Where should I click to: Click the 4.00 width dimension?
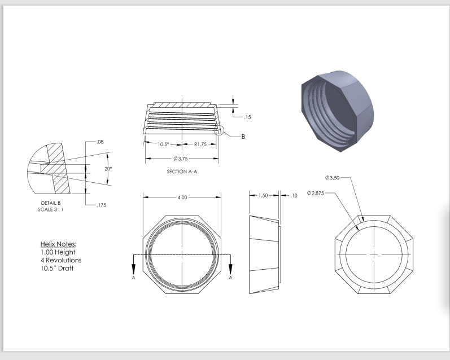pyautogui.click(x=182, y=198)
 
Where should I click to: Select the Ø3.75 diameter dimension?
pyautogui.click(x=181, y=159)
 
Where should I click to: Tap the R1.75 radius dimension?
pyautogui.click(x=202, y=144)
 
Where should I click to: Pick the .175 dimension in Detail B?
pyautogui.click(x=101, y=205)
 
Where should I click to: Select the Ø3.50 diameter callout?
pyautogui.click(x=333, y=178)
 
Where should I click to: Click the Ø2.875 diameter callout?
pyautogui.click(x=318, y=194)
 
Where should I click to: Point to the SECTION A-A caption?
pyautogui.click(x=181, y=172)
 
